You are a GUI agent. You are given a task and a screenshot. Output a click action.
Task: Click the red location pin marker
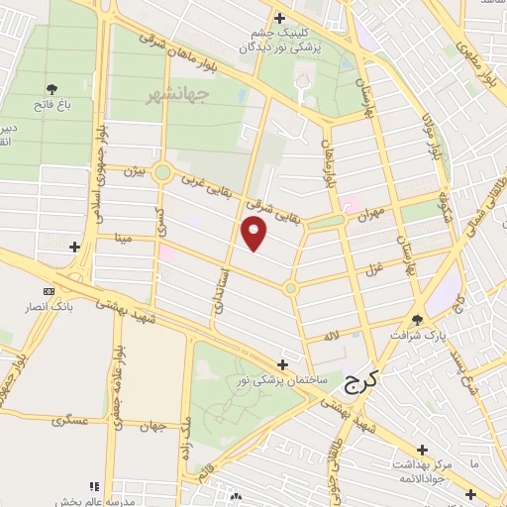[254, 233]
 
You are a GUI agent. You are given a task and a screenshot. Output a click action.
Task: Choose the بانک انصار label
[51, 307]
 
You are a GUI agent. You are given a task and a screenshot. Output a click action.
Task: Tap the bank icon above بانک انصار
[50, 291]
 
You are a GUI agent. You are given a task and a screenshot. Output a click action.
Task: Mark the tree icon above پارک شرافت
[417, 319]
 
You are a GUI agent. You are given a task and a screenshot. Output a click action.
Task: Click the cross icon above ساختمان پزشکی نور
[284, 363]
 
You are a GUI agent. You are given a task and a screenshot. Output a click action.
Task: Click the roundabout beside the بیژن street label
[163, 173]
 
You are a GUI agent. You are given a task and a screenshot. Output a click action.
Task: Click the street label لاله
[333, 337]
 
